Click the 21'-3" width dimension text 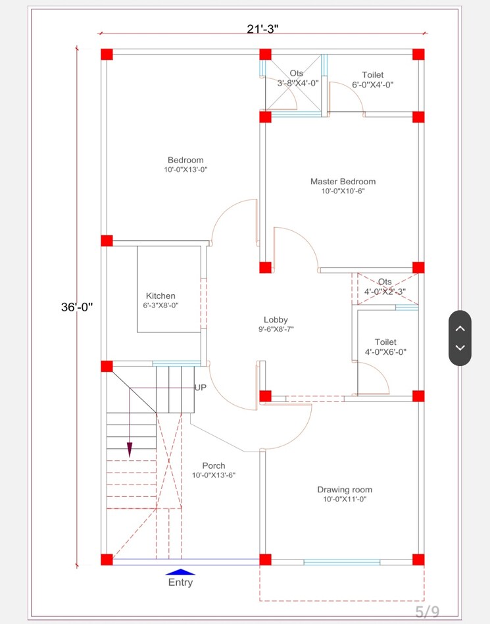263,28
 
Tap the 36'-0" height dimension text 78,307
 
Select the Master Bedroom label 343,182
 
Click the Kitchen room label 160,296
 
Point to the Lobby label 276,320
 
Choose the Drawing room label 344,490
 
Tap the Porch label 214,466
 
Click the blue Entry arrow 180,572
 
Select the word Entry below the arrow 180,583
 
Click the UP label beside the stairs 201,388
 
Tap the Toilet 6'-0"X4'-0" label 372,80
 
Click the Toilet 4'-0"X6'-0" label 385,347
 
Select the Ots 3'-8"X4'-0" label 297,78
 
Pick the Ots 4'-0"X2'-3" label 385,287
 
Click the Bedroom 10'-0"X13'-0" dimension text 185,170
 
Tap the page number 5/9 427,611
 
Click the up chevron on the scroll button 460,328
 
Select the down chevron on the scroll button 460,348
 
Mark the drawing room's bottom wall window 341,562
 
